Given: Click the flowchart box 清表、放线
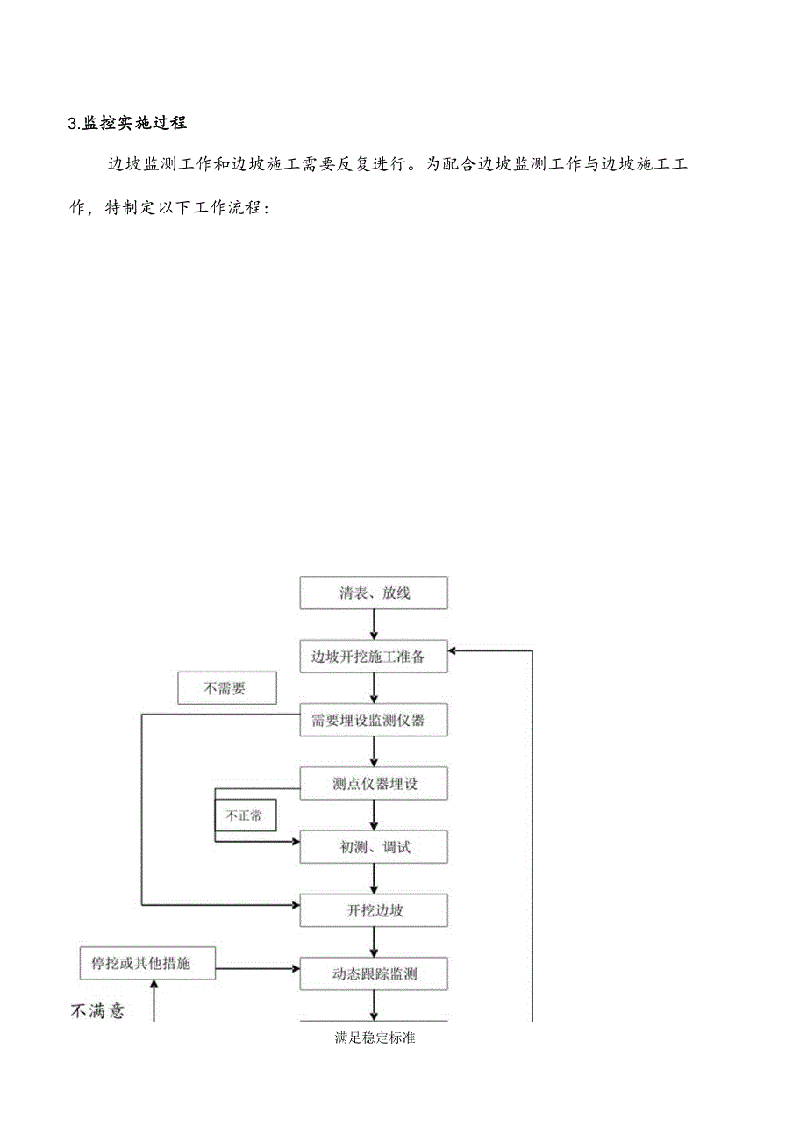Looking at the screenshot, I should click(374, 593).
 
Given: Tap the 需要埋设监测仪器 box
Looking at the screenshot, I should click(374, 721).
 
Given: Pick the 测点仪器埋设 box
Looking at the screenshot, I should click(374, 784).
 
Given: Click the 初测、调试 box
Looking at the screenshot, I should click(374, 847).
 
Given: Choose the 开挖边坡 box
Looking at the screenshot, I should click(374, 910).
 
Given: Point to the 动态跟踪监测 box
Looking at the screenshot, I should click(374, 973).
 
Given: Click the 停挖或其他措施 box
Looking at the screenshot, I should click(147, 964).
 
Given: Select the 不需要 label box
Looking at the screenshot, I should click(226, 689).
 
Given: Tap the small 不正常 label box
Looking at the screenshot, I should click(245, 816).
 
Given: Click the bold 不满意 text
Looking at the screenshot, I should click(97, 1011).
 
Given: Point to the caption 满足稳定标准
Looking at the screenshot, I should click(375, 1039).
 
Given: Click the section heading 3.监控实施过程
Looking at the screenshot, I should click(127, 124).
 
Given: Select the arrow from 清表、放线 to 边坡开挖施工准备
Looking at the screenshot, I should click(375, 624).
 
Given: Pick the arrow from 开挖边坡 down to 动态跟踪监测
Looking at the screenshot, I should click(375, 942).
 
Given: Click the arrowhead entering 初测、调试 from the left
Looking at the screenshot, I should click(293, 843).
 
